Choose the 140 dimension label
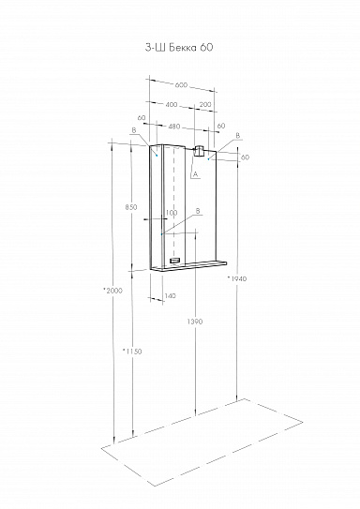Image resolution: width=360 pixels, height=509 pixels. [170, 296]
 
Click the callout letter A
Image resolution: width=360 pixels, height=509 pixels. [194, 172]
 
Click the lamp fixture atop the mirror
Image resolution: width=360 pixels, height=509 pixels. [199, 152]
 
